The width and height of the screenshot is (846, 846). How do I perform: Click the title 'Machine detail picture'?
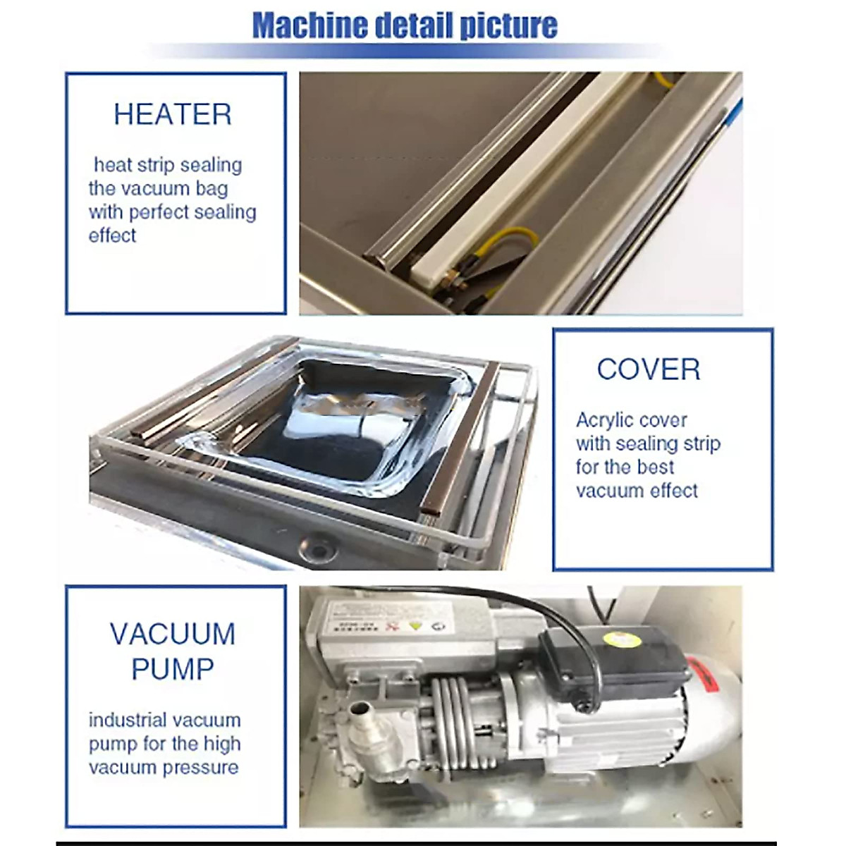point(405,25)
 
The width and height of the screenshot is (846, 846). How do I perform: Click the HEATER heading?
point(173,114)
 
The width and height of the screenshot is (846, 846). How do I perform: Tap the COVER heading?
point(648,369)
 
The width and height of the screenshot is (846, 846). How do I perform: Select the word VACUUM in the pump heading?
point(173,634)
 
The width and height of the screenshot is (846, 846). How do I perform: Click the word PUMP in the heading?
point(173,668)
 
